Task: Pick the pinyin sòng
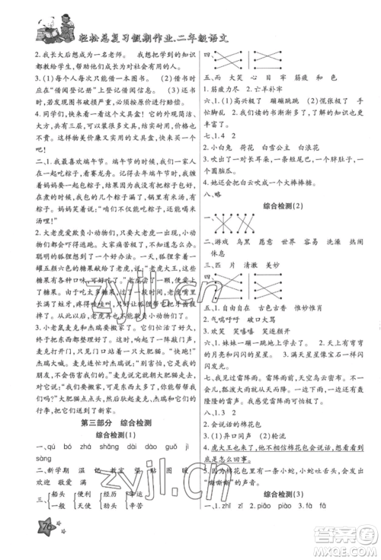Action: coord(24,460)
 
